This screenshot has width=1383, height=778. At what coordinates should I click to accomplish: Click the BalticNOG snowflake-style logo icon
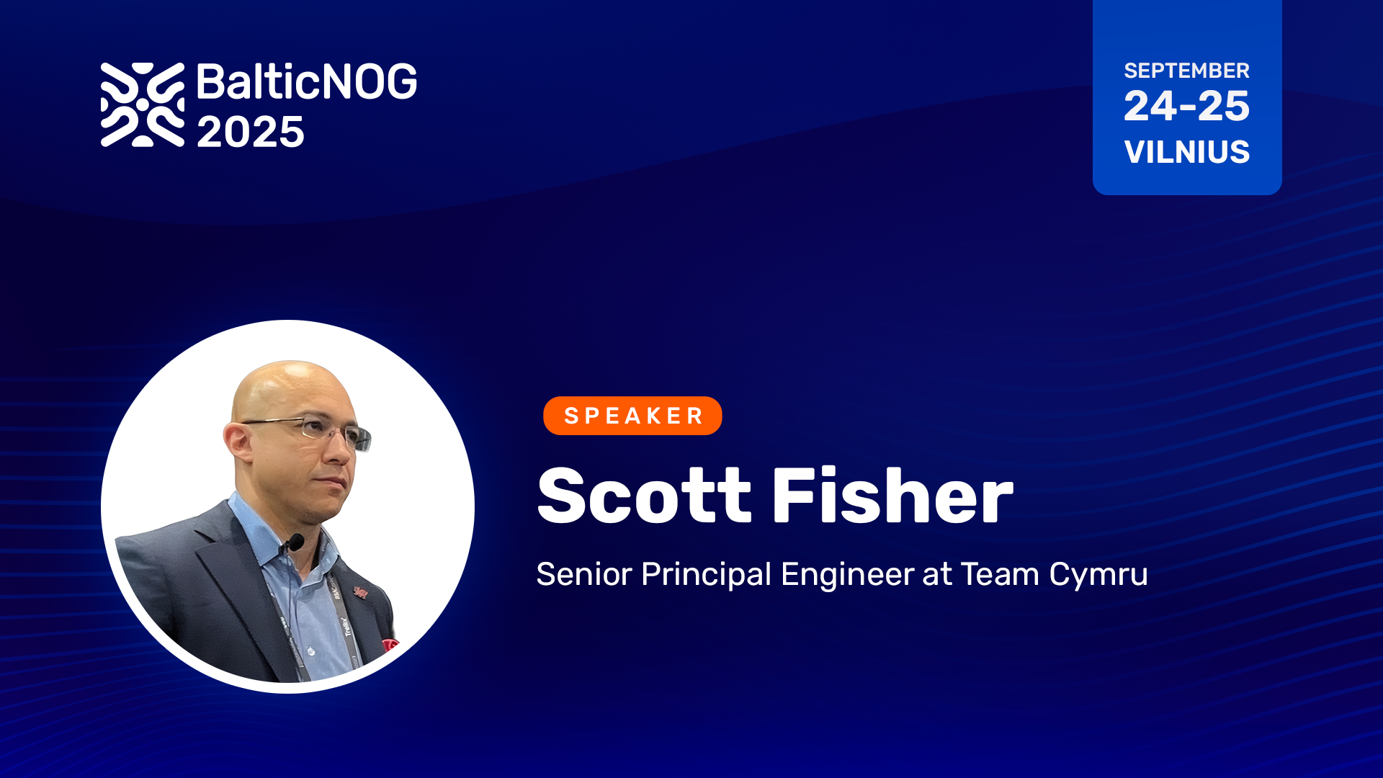pos(143,104)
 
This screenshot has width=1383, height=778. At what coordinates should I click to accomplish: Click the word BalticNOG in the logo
pos(307,81)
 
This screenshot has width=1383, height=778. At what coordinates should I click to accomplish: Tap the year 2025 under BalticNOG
pos(251,133)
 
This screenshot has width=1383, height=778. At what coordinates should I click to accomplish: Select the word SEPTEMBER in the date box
pos(1186,71)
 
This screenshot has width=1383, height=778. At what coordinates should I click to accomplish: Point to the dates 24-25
pos(1186,106)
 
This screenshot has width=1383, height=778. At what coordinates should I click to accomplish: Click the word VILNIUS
pos(1186,152)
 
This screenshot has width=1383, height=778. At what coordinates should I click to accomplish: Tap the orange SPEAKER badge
pos(632,416)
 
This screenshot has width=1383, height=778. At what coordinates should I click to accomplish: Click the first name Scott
pos(645,496)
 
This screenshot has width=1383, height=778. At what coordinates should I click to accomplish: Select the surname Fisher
pos(892,496)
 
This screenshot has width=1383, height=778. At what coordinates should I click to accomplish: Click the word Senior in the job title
pos(584,575)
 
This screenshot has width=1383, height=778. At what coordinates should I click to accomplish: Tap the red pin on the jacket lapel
pos(360,592)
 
